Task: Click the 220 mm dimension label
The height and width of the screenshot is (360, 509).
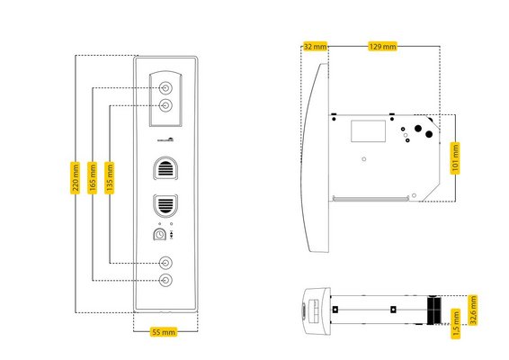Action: point(75,177)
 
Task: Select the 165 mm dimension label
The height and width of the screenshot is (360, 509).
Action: point(93,177)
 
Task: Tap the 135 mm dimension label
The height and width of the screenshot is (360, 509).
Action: point(110,177)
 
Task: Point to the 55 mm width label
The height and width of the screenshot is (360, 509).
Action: point(164,332)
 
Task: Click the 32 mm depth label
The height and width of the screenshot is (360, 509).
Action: point(316,47)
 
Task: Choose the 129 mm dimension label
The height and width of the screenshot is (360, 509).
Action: point(383,47)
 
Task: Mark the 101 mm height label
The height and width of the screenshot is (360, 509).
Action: point(455,158)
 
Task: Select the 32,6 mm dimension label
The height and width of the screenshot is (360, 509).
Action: point(473,310)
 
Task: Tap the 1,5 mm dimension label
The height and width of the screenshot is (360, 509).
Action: point(456,324)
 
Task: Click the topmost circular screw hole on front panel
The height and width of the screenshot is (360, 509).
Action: point(165,88)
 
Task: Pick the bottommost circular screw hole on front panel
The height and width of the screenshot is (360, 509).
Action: point(165,280)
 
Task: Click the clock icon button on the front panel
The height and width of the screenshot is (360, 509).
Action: point(159,235)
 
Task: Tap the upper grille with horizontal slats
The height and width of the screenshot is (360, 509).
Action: point(165,168)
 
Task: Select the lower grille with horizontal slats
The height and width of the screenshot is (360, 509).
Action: point(165,206)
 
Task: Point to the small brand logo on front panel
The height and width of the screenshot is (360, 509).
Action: point(165,140)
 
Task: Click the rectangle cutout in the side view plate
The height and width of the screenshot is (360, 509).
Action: point(369,130)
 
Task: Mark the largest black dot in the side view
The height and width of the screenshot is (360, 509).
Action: point(418,129)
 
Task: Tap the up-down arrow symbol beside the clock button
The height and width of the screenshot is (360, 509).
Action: point(172,235)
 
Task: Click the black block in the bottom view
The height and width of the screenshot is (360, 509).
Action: point(434,310)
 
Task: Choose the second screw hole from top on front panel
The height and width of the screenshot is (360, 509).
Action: point(165,105)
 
